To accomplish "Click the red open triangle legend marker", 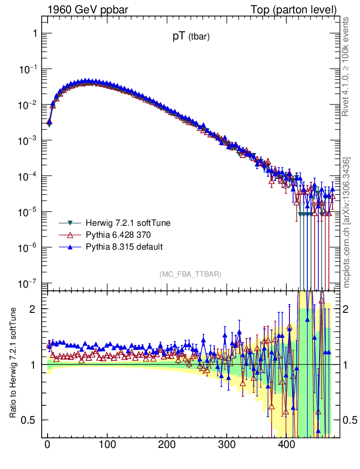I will pyautogui.click(x=70, y=235).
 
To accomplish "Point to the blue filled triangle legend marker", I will pyautogui.click(x=70, y=247).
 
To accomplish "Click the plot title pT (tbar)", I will pyautogui.click(x=191, y=38).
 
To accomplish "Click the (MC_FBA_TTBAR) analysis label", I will pyautogui.click(x=191, y=274).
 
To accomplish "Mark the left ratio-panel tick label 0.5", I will pyautogui.click(x=28, y=420).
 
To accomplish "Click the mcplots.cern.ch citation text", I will pyautogui.click(x=347, y=223).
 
